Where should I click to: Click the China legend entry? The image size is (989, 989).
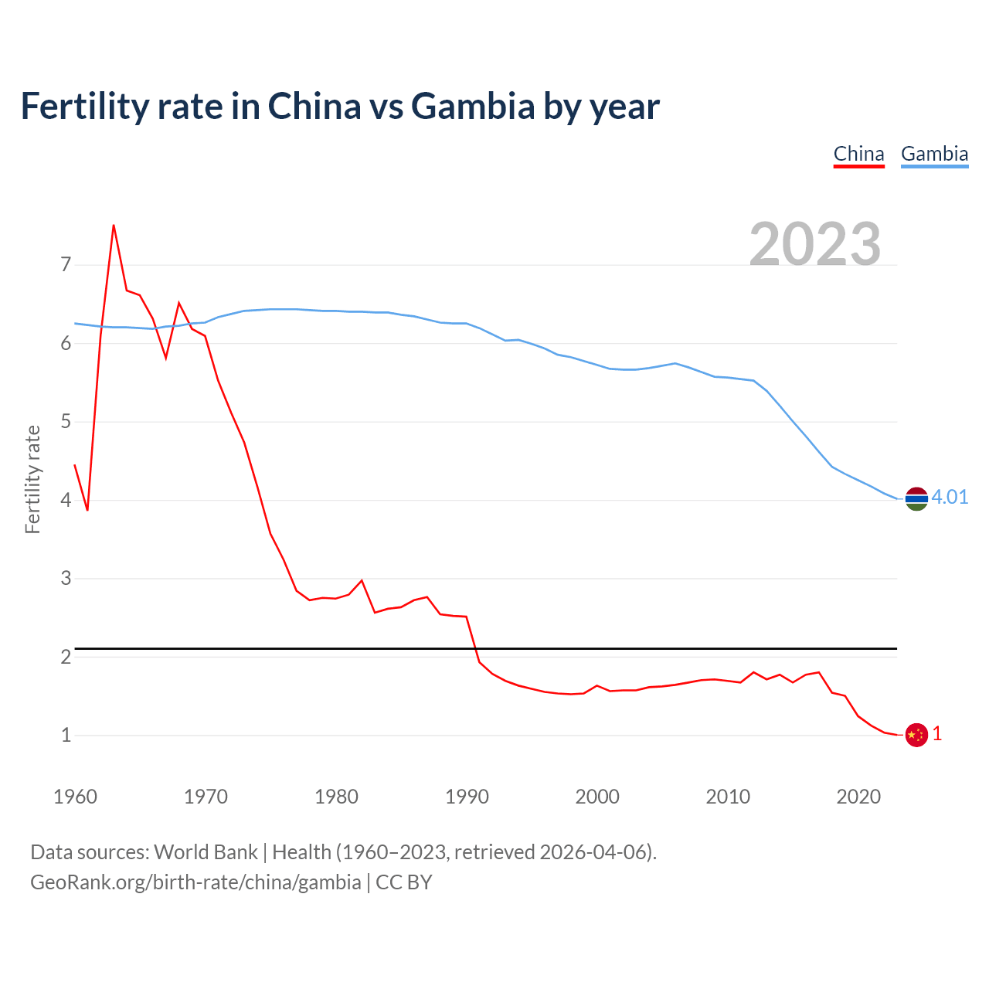858,154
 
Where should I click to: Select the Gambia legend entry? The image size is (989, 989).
934,154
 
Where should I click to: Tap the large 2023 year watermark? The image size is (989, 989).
815,244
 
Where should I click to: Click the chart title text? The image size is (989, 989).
340,106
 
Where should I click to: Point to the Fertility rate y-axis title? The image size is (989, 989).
32,479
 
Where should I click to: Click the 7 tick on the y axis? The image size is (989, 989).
66,265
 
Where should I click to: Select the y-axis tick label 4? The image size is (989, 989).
66,500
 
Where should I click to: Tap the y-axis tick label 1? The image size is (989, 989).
66,735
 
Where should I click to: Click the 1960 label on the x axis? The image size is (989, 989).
75,797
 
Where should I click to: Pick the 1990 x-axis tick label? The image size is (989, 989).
467,797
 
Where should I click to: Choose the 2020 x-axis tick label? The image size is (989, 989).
858,797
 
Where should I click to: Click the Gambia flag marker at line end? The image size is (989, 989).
916,499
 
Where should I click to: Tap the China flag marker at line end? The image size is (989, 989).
916,735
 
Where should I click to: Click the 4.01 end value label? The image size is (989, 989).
950,497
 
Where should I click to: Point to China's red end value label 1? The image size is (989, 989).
937,734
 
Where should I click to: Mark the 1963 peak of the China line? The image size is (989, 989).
114,226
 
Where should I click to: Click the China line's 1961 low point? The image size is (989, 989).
87,510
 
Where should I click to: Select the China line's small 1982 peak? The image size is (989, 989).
362,580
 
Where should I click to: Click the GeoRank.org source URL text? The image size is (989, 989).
195,882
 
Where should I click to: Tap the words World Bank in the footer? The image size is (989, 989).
206,852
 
